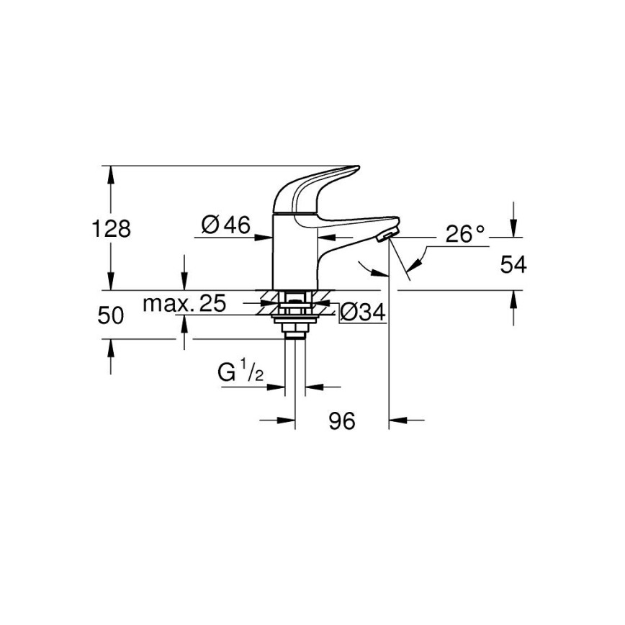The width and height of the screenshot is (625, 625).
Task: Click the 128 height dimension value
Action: [112, 229]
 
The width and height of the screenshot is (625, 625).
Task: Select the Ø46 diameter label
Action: [226, 225]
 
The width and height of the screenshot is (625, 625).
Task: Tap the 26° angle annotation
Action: [465, 233]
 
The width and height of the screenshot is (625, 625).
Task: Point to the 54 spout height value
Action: [513, 265]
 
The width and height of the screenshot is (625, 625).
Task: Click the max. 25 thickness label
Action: [184, 304]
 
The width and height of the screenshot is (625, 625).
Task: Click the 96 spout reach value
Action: [343, 421]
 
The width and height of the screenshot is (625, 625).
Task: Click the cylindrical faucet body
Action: [294, 252]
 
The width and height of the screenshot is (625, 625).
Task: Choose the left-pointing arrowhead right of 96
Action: [397, 419]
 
